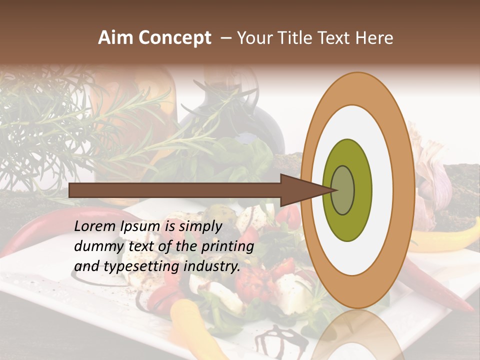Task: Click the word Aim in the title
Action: tap(114, 38)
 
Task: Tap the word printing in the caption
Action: tap(227, 247)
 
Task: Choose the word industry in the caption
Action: tap(211, 266)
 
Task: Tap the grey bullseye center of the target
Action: tap(342, 190)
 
